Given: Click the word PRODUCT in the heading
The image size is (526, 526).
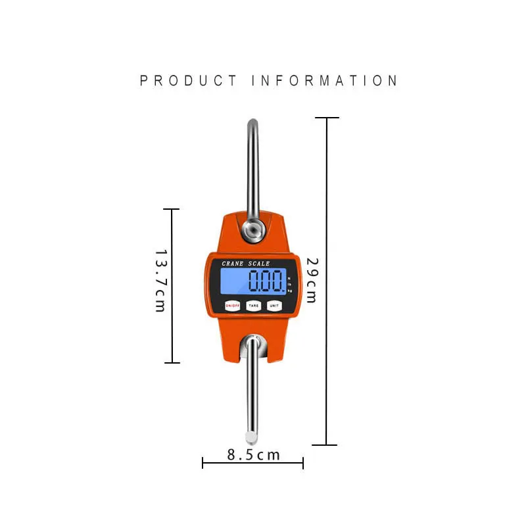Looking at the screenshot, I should pyautogui.click(x=189, y=81).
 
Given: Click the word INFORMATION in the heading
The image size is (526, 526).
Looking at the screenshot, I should pyautogui.click(x=325, y=81).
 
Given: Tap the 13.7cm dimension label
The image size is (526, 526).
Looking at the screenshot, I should pyautogui.click(x=160, y=281).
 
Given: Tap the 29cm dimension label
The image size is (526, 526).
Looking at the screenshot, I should pyautogui.click(x=311, y=280).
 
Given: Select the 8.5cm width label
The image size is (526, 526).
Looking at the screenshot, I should pyautogui.click(x=254, y=454).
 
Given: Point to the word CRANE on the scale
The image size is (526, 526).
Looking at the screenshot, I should pyautogui.click(x=233, y=264).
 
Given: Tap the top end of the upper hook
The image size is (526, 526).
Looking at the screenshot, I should pyautogui.click(x=252, y=122).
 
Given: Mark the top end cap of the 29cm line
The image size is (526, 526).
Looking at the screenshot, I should pyautogui.click(x=327, y=118).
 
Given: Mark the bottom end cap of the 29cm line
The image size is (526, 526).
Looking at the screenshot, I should pyautogui.click(x=327, y=445).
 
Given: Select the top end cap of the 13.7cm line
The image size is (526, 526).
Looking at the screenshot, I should pyautogui.click(x=172, y=209).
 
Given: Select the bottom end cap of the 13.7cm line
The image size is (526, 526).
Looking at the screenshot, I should pyautogui.click(x=172, y=362).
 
